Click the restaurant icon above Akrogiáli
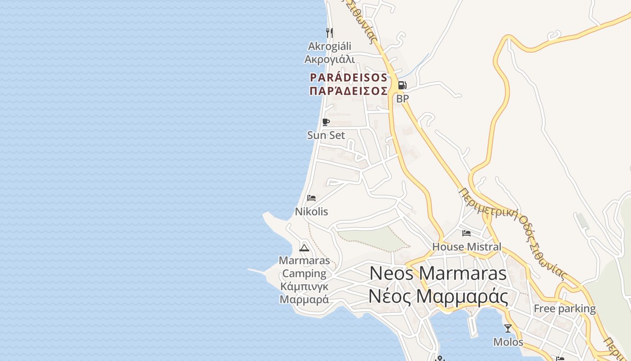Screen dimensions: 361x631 coord(329,32)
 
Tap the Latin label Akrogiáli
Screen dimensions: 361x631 coord(329,46)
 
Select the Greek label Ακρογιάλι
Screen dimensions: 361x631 coord(329,59)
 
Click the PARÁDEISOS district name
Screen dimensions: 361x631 coord(348,78)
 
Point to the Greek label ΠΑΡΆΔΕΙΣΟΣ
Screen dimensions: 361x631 coord(348,91)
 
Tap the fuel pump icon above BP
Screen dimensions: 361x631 coord(402,85)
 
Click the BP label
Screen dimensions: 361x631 coord(402,98)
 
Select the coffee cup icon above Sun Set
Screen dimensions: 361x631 coord(326,122)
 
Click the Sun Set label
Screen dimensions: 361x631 coord(326,135)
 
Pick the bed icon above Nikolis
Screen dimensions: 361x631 coord(311,198)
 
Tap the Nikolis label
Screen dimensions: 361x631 coord(311,211)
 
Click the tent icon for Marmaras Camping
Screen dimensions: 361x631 coord(304,247)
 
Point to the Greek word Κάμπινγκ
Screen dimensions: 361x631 coord(304,287)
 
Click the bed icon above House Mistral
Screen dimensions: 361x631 coord(466,233)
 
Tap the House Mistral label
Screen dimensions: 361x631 coord(466,246)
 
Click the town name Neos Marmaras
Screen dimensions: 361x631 coord(438,273)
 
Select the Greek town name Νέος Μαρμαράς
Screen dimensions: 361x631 coord(438,296)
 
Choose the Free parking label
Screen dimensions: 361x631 coord(565,309)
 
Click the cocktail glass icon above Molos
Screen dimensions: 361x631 coord(508,329)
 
